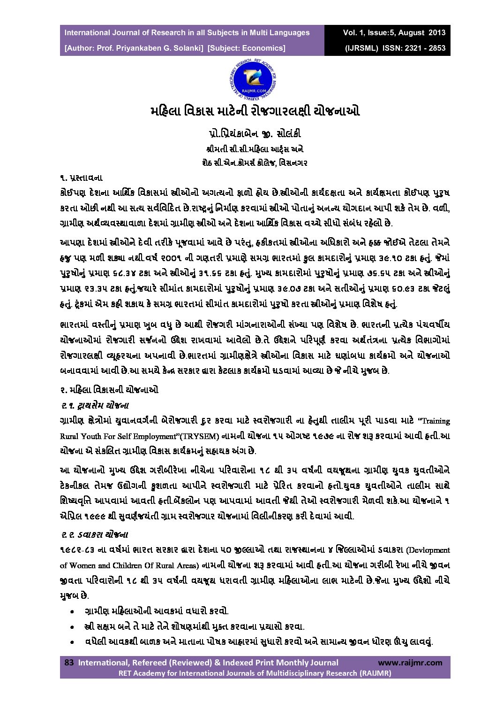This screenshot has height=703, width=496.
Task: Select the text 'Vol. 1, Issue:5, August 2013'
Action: (x=394, y=33)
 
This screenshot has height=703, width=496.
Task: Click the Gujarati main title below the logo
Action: (x=255, y=112)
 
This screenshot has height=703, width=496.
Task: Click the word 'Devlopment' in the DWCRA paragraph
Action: (x=428, y=550)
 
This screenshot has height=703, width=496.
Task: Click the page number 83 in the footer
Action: (x=69, y=663)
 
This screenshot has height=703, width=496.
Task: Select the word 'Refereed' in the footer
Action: (x=147, y=663)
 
